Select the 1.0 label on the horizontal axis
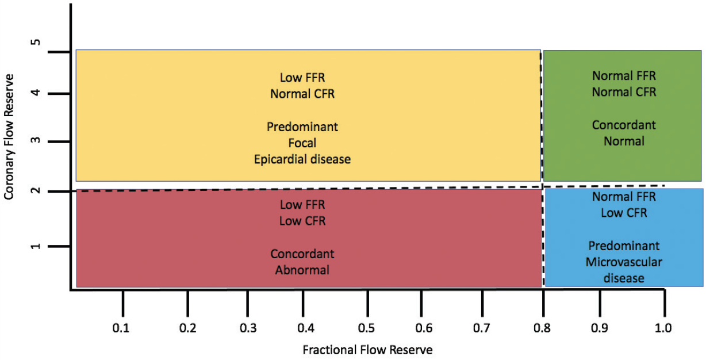pos(663,328)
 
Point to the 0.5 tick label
pos(366,328)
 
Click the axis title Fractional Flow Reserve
pos(367,350)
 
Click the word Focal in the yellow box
pos(302,143)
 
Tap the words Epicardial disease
pos(302,159)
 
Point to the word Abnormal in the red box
pos(302,270)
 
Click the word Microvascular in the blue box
pos(624,262)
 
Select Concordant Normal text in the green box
pos(624,133)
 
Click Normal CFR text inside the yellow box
pos(302,93)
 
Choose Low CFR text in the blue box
pos(624,213)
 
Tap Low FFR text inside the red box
pos(302,204)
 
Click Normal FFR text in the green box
pos(624,75)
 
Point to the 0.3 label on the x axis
pos(247,328)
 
